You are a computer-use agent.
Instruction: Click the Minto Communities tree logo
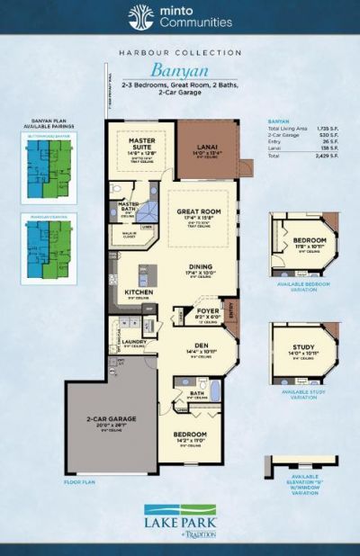click(139, 16)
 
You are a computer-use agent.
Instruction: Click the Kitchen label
click(139, 292)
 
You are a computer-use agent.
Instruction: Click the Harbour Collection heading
click(180, 53)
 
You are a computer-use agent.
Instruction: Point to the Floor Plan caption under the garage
click(80, 482)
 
